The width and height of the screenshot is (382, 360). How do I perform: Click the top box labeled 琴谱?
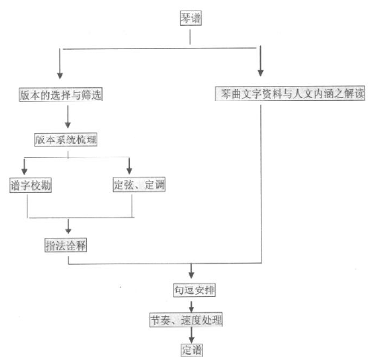coord(190,19)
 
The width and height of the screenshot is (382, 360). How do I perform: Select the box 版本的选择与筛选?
coord(61,94)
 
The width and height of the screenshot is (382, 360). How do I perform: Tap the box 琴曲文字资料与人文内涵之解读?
coord(290,94)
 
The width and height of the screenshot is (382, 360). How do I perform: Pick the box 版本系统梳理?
coord(65,140)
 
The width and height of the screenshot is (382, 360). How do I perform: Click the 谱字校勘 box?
coord(30,185)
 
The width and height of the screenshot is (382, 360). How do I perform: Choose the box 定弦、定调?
coord(139,185)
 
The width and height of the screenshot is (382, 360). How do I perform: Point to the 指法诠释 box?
coord(65,245)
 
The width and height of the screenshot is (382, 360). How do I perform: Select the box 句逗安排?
coord(194,290)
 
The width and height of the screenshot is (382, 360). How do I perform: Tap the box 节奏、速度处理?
coord(186,320)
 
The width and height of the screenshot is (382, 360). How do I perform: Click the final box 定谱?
coord(192,350)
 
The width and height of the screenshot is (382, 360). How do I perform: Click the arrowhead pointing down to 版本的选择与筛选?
coord(59,76)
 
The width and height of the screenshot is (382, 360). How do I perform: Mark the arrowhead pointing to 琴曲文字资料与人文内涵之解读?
coord(260,73)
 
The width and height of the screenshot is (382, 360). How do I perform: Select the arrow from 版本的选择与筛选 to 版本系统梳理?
coord(68,117)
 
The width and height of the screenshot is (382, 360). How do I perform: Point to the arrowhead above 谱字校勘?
coord(25,171)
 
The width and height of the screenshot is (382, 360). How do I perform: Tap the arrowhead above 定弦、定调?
coord(129,171)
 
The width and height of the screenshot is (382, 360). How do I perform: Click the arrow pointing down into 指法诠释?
coord(68,226)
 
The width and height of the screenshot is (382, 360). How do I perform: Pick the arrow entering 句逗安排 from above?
coord(191,271)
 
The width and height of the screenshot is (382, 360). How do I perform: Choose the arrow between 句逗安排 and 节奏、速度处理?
coord(191,307)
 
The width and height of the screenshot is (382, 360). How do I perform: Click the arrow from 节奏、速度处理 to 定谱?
coord(191,336)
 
